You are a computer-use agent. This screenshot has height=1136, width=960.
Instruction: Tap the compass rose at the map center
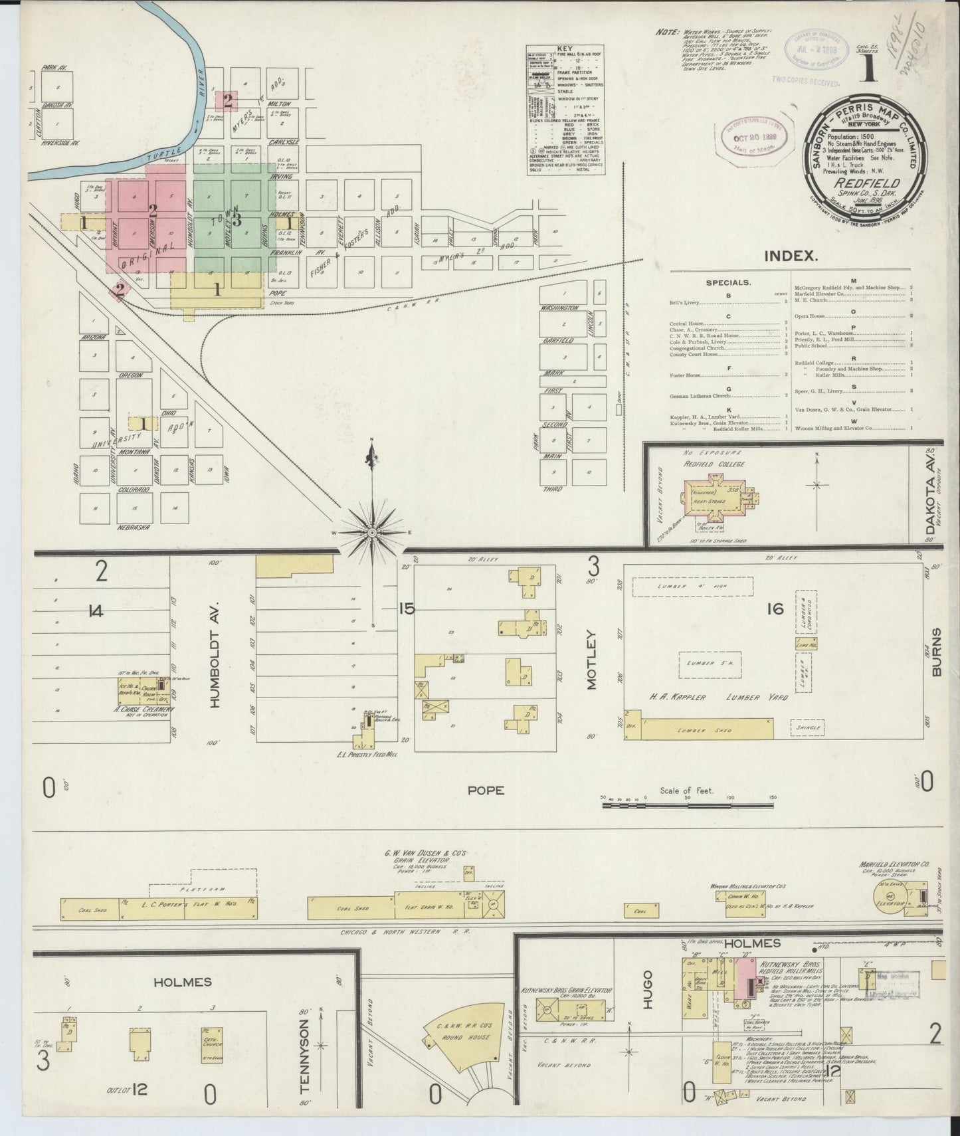(x=372, y=533)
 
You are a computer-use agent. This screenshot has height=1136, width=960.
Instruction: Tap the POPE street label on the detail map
(x=486, y=790)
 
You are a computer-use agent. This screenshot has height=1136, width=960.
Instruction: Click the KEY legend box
(x=565, y=110)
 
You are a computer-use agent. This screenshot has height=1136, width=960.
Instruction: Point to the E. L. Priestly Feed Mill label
(x=367, y=755)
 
